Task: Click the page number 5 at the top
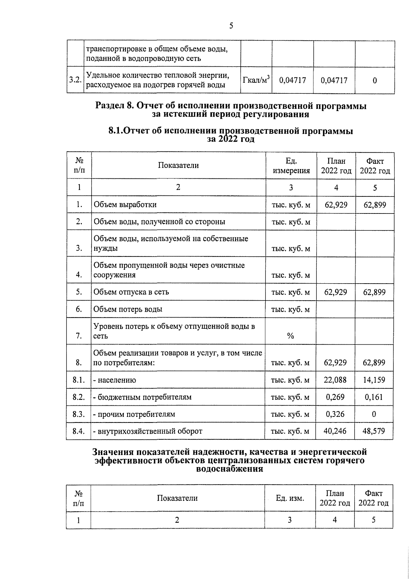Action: tap(231, 26)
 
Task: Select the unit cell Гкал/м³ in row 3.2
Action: tap(256, 80)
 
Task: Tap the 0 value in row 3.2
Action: tap(375, 81)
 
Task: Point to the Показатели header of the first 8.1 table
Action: tap(178, 165)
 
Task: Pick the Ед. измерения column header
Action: tap(291, 166)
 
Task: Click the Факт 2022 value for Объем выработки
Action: tap(374, 205)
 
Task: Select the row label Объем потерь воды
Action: tap(128, 309)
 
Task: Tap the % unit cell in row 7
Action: tap(291, 336)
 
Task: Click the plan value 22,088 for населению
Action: tap(335, 380)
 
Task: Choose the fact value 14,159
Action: tap(374, 380)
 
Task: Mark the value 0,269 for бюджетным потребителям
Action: tap(335, 397)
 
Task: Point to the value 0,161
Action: tap(374, 397)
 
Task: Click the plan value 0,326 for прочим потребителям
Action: tap(335, 414)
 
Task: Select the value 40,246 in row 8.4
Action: tap(335, 431)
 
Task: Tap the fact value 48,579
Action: tap(374, 431)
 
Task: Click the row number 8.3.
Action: tap(79, 414)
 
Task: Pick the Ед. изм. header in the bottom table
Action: tap(290, 498)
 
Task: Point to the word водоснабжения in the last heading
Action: tap(229, 469)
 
